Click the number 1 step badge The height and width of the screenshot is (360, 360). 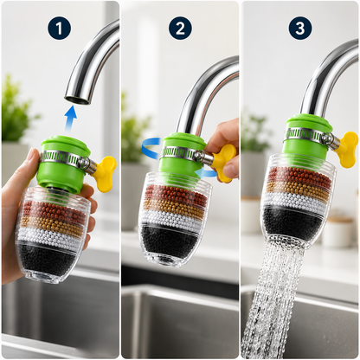(59, 28)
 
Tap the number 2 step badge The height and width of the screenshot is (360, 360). (180, 28)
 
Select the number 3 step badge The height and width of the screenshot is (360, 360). (300, 28)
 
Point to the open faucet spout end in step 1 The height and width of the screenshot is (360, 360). (77, 100)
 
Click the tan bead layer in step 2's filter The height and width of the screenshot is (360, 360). (175, 205)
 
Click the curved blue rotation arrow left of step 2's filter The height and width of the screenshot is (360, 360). (150, 148)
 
